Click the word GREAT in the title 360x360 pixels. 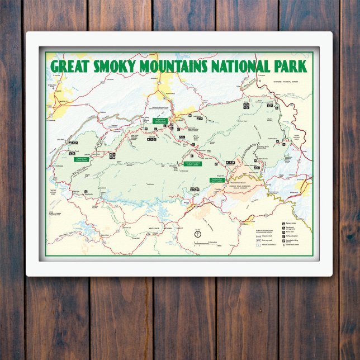pos(73,66)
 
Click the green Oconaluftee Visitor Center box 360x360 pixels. pos(217,180)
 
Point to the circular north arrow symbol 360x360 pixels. pos(197,233)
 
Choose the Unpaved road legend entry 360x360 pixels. pos(259,235)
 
